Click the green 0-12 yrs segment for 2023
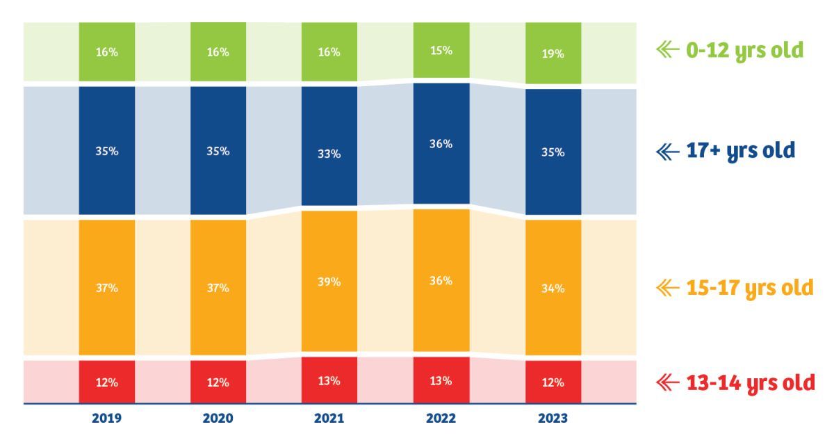click(x=553, y=53)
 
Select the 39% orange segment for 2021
click(x=329, y=282)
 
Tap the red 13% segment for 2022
click(x=441, y=380)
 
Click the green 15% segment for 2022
click(x=441, y=50)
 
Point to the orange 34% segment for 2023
click(x=553, y=287)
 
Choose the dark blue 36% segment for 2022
click(x=441, y=144)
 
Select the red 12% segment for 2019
click(x=106, y=382)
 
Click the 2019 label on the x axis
click(x=106, y=418)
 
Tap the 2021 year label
click(x=329, y=418)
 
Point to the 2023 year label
click(x=553, y=418)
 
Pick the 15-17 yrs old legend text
click(x=748, y=287)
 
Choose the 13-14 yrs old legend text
click(x=749, y=382)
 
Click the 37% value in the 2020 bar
click(x=218, y=287)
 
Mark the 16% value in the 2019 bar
click(x=106, y=52)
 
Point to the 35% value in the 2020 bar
click(x=218, y=151)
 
